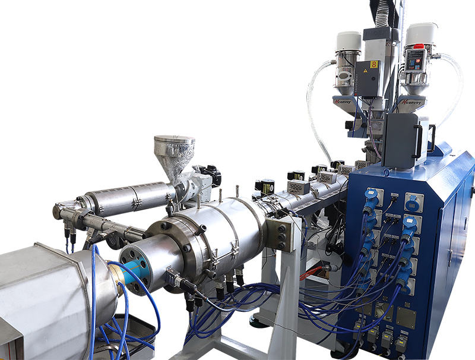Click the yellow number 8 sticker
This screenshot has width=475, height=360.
(x=374, y=64)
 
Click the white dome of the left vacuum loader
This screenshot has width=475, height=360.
(x=349, y=41)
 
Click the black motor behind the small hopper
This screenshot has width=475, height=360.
(x=211, y=173)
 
